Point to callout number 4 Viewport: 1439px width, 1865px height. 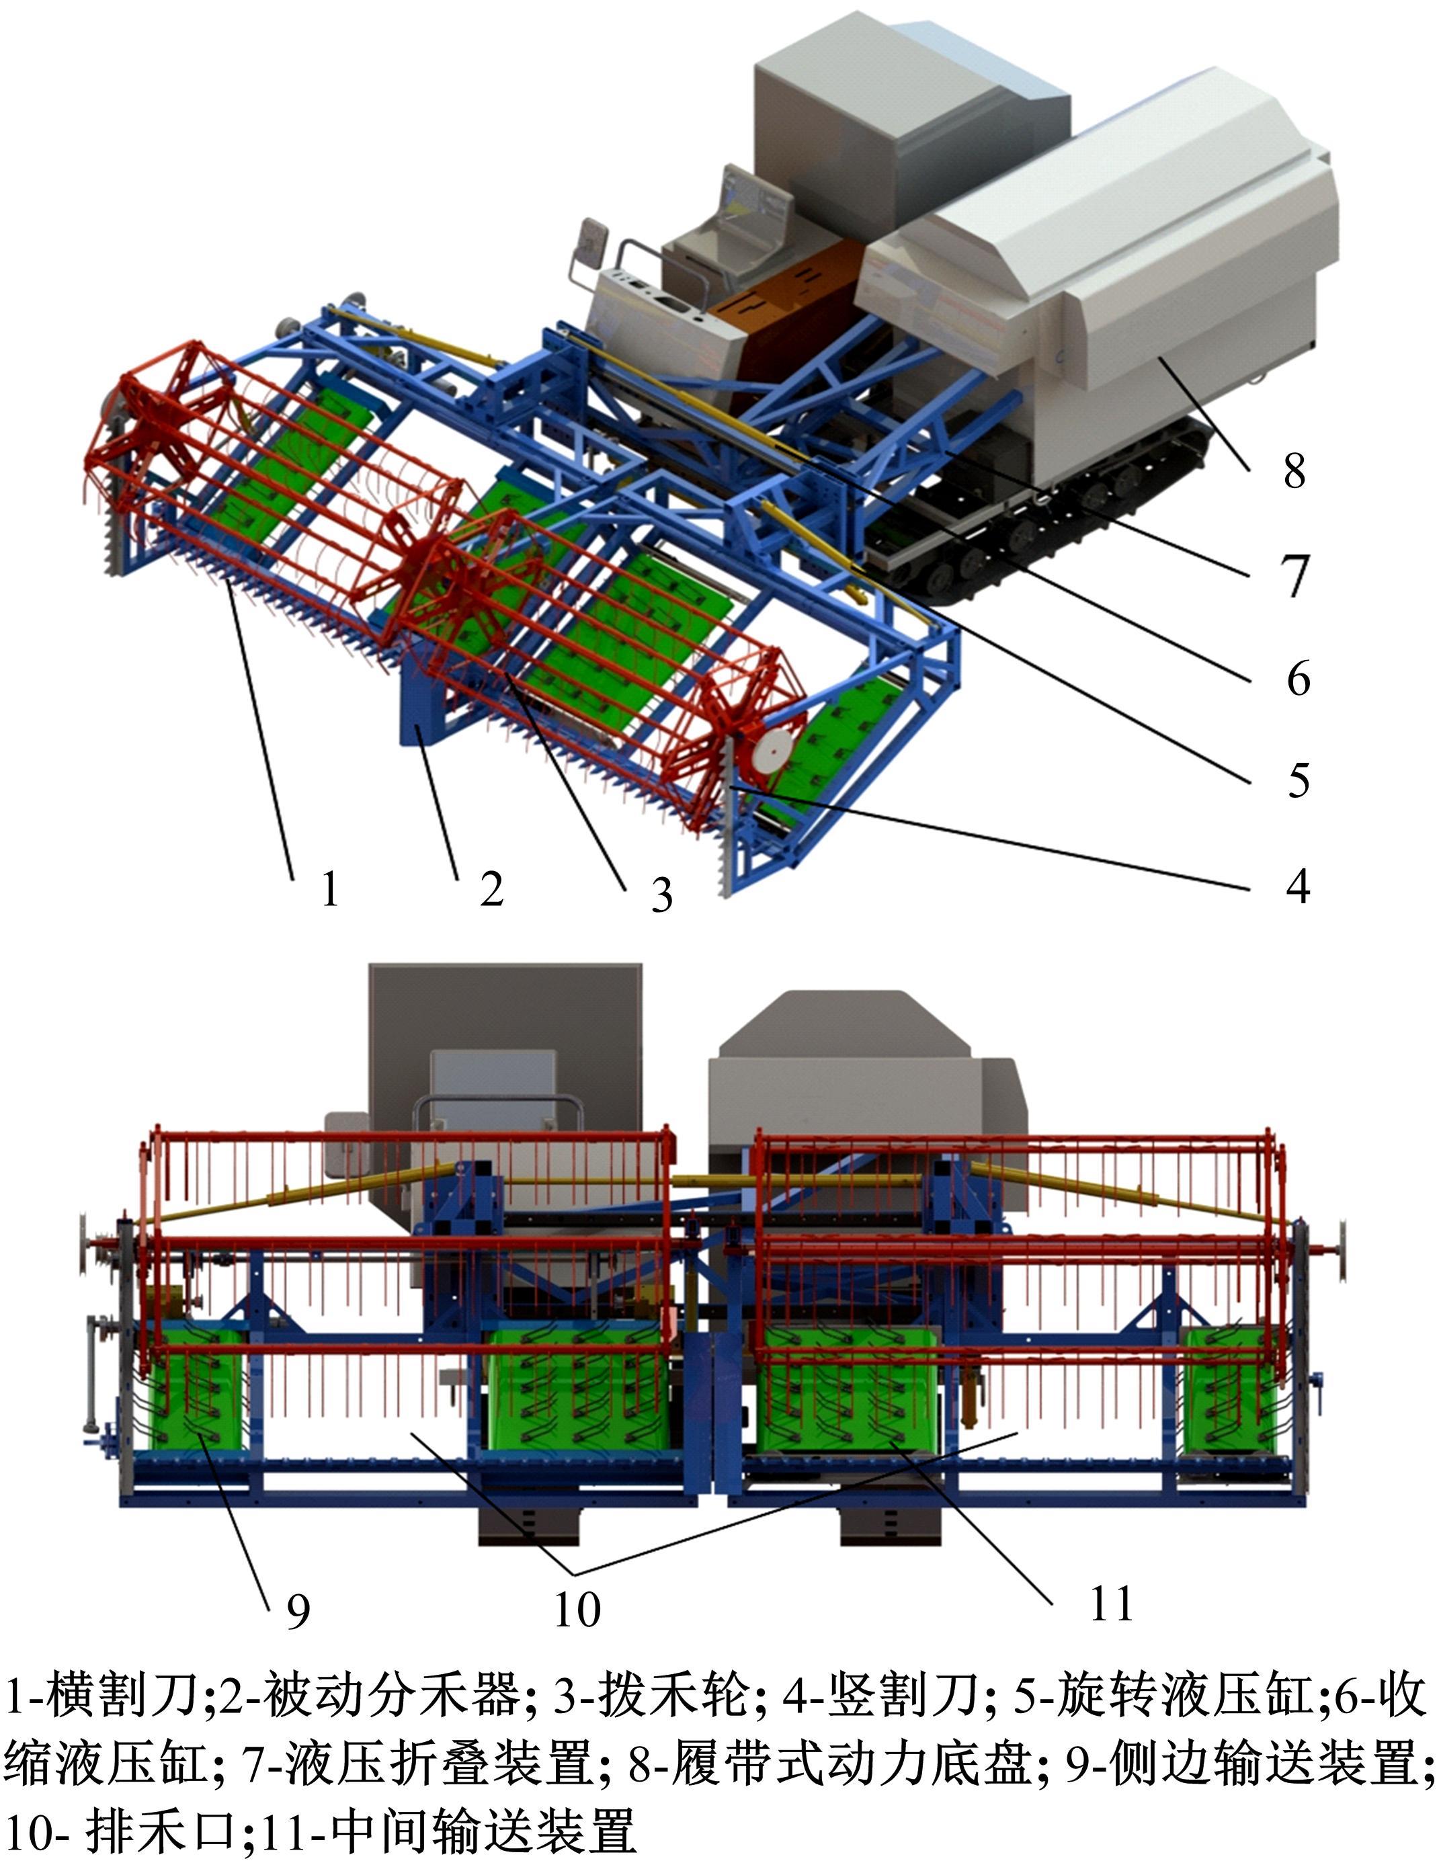point(1297,886)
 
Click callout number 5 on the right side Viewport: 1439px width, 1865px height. point(1298,780)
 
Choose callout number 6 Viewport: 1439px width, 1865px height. point(1298,679)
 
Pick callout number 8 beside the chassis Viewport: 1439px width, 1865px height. point(1294,470)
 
